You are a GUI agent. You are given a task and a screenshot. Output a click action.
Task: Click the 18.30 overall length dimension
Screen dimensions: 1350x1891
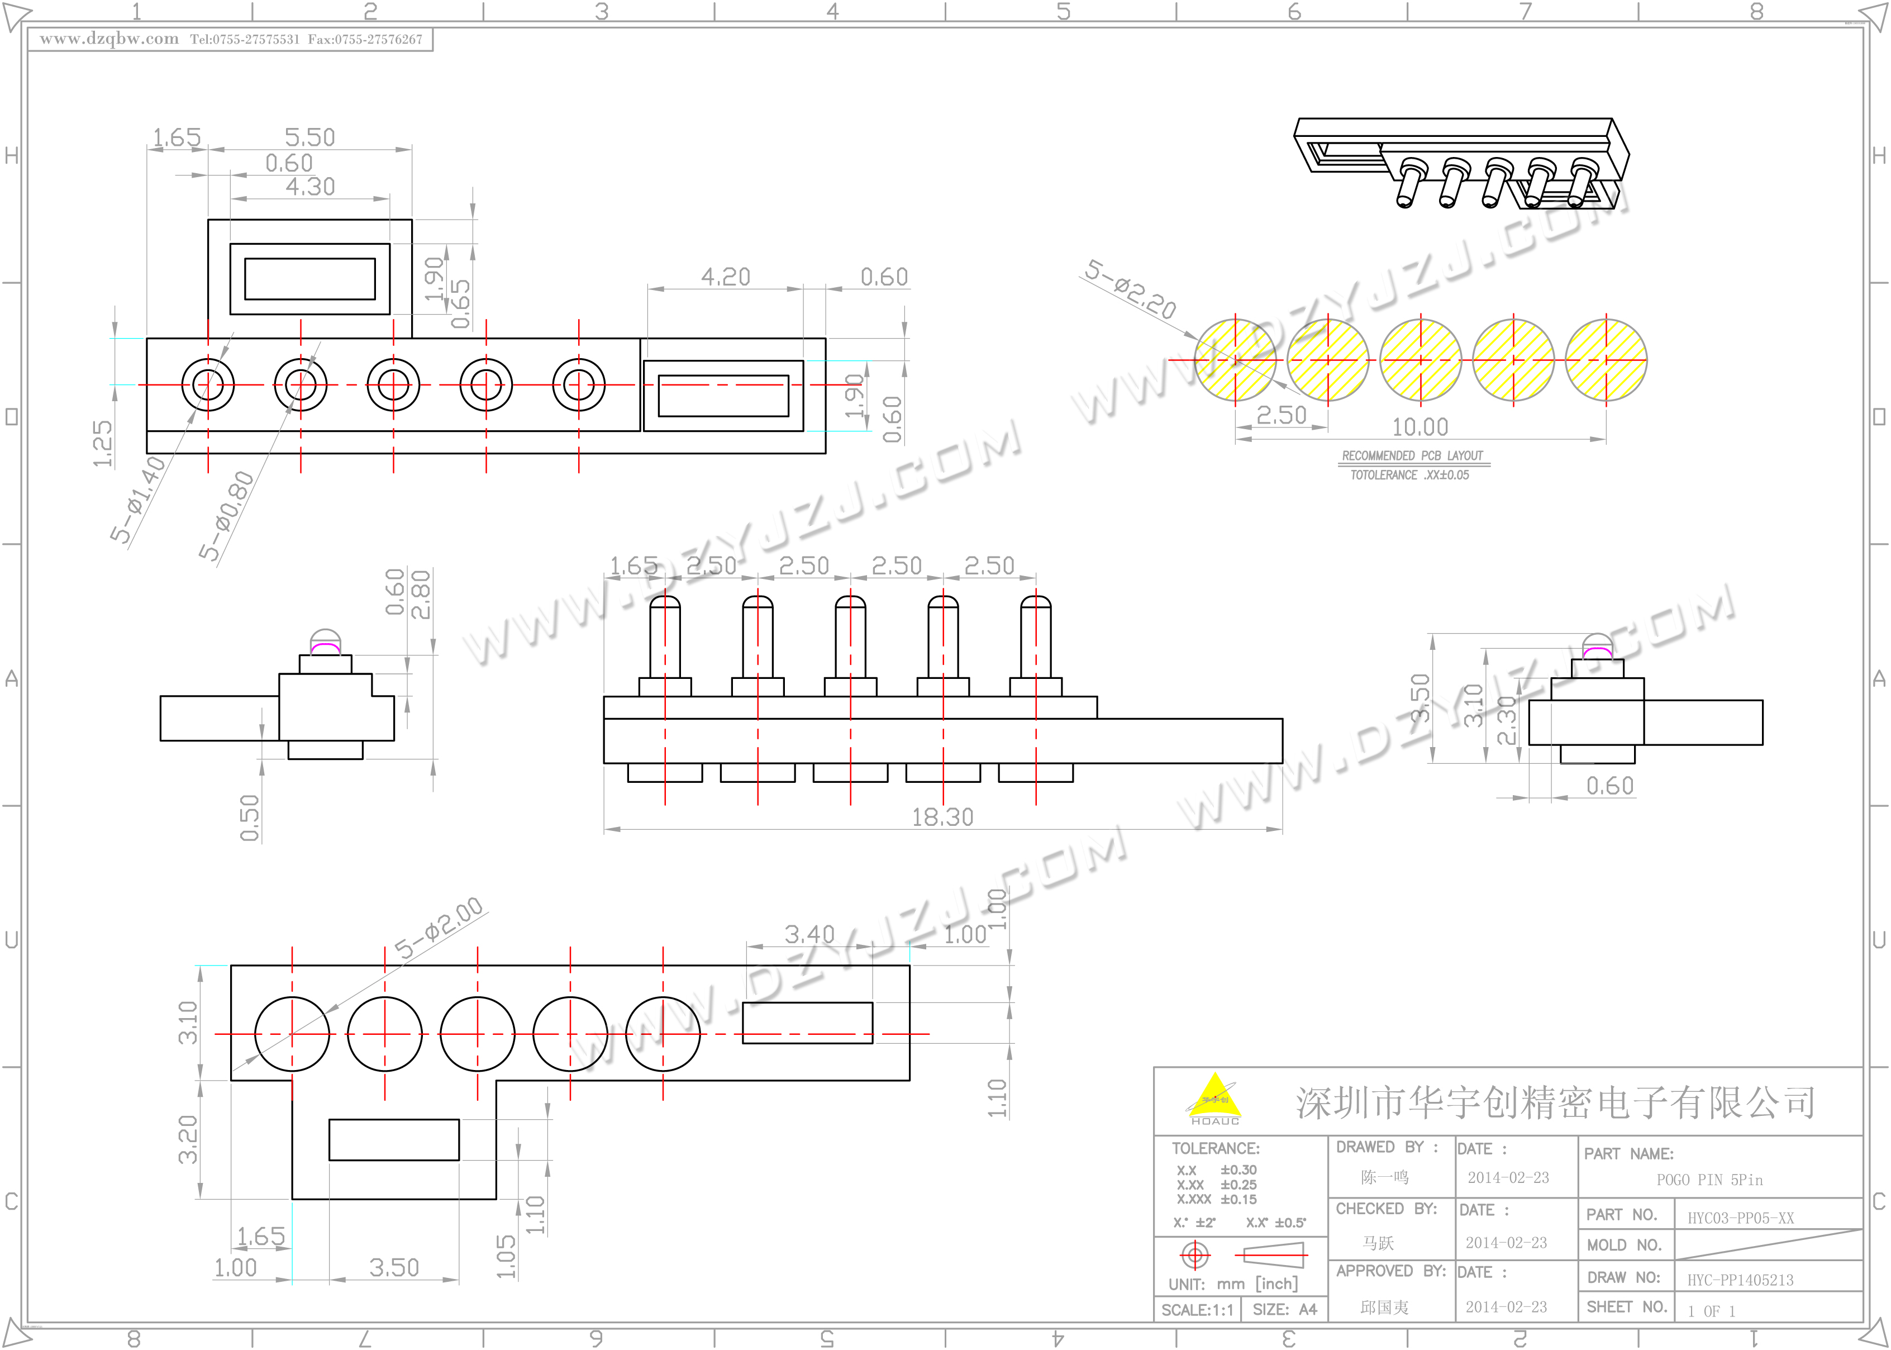[x=942, y=817]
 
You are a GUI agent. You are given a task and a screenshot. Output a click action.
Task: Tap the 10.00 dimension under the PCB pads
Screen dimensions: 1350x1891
[x=1420, y=427]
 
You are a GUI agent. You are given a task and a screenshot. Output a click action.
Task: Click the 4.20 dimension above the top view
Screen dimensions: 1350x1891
[x=725, y=277]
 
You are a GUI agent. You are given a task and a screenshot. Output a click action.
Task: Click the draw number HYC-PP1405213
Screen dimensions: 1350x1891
[x=1740, y=1280]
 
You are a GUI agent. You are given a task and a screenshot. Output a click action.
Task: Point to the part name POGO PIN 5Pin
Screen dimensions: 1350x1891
[x=1709, y=1180]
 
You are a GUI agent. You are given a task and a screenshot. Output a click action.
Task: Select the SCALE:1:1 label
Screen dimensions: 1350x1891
[x=1197, y=1310]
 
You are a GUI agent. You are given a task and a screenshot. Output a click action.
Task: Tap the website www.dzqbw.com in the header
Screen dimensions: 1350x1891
[x=109, y=39]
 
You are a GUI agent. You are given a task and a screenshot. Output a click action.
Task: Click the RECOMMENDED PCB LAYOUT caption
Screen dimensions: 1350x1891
[x=1412, y=455]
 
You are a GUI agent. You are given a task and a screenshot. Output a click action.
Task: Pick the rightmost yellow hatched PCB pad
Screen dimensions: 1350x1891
[x=1606, y=360]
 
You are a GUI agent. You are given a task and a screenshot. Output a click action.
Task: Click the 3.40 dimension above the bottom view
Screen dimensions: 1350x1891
[x=809, y=934]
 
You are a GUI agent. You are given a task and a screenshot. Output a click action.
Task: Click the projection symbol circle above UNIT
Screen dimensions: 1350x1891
[x=1195, y=1254]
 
